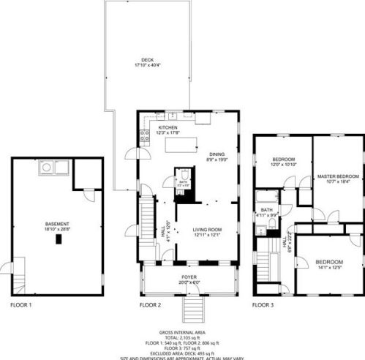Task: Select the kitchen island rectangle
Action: [182, 145]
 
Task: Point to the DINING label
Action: [217, 154]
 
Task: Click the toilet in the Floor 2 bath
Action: [184, 175]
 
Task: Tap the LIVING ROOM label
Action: [207, 230]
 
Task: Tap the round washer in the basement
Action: [46, 168]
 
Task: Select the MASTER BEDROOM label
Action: [338, 176]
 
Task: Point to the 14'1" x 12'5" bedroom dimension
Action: [328, 266]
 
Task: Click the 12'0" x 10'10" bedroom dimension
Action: [283, 165]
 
